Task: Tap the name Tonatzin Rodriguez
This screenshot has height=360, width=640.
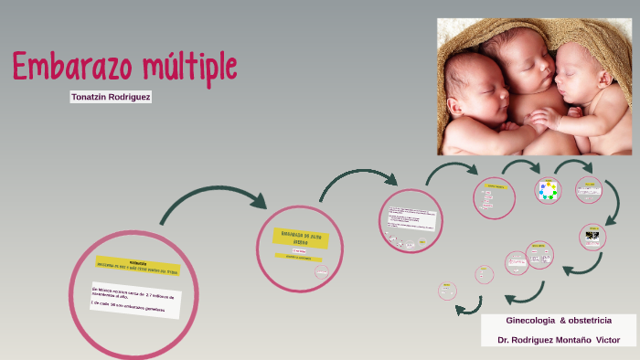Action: click(111, 96)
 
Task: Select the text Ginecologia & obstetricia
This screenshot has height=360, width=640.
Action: click(559, 320)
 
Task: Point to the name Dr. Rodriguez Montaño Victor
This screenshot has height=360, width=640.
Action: click(559, 340)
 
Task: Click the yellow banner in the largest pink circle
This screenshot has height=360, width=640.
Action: click(139, 266)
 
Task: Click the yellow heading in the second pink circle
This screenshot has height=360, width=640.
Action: click(302, 237)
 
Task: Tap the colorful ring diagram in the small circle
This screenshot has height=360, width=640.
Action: click(548, 191)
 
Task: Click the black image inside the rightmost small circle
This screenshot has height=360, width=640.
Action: click(592, 237)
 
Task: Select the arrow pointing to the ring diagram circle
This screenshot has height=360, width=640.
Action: click(522, 168)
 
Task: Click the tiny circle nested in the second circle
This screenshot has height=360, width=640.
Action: click(322, 270)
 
